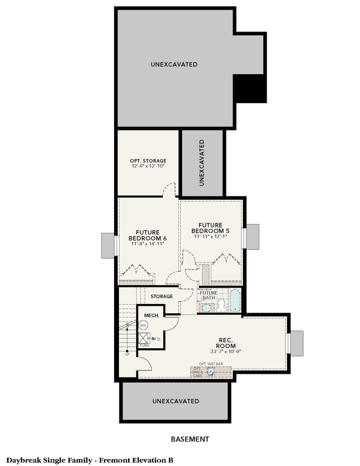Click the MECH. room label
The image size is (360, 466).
(x=151, y=315)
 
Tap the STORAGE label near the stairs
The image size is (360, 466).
(x=162, y=296)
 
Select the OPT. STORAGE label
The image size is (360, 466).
(x=148, y=161)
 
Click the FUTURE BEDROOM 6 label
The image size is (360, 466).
(x=148, y=235)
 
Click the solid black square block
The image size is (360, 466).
(x=250, y=89)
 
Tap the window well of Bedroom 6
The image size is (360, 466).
(x=107, y=245)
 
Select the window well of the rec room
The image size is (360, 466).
(x=297, y=343)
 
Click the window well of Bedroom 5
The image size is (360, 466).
(x=251, y=236)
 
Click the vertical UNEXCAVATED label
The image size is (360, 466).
(x=202, y=162)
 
